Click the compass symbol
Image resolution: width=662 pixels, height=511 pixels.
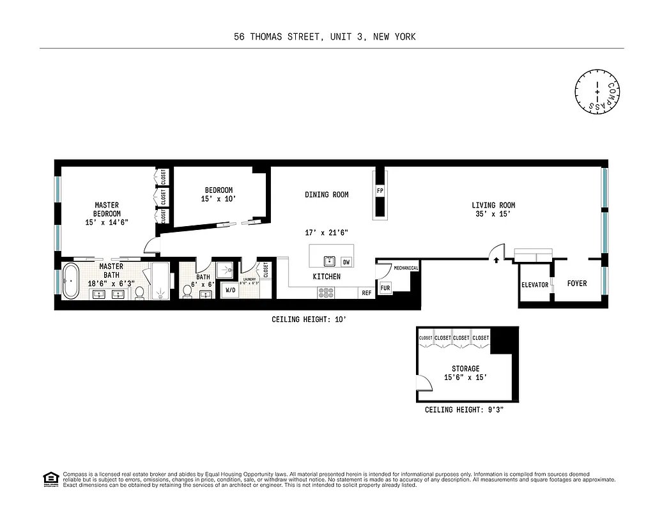point(597,93)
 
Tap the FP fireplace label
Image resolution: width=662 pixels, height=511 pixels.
point(380,191)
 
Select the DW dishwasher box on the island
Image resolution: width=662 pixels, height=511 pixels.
point(346,262)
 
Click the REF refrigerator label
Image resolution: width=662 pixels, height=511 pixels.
point(367,293)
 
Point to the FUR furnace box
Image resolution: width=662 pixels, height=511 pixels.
point(385,289)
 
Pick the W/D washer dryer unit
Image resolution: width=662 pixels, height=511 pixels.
point(229,290)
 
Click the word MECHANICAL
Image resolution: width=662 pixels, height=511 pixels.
point(406,268)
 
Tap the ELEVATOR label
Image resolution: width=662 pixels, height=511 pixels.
point(535,285)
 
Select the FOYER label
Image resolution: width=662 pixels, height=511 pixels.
point(577,284)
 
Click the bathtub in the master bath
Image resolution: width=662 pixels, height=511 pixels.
point(70,282)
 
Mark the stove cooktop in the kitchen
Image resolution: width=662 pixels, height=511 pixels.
point(326,293)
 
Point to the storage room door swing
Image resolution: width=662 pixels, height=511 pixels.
point(422,383)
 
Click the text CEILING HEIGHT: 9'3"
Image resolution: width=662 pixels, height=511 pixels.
point(464,410)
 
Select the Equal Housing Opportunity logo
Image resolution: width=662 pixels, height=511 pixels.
point(50,478)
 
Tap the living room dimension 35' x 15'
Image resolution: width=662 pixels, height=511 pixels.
point(493,215)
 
